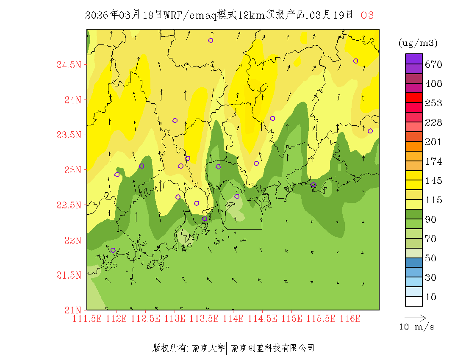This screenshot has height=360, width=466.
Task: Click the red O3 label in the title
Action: pos(367,15)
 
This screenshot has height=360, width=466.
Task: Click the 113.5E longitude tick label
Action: pos(204,318)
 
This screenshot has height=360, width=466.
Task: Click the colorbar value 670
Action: pos(433,65)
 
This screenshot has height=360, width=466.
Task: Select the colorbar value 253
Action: pos(433,103)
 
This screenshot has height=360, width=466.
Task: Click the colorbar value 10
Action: pos(430,297)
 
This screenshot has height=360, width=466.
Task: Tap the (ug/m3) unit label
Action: pos(418,43)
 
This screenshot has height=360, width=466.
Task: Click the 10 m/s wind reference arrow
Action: pos(415,317)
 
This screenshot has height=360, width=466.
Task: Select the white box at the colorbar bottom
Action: pos(414,301)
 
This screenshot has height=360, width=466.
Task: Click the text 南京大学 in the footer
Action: pos(208,349)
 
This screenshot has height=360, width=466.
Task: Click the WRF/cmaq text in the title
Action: pos(190,15)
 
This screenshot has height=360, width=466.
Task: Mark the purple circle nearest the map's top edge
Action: pos(211,41)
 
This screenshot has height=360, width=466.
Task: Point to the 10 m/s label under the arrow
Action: pos(416,327)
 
